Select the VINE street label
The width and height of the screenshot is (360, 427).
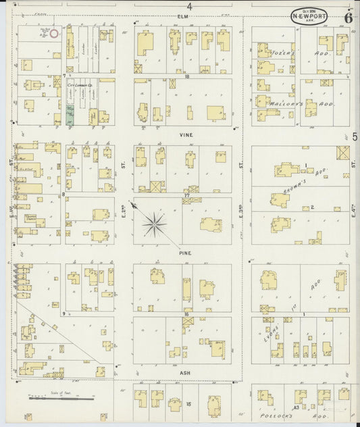click(186, 135)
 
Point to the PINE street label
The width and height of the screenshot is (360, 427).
click(186, 253)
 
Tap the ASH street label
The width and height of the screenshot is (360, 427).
click(186, 372)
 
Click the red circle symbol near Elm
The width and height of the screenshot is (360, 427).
click(54, 31)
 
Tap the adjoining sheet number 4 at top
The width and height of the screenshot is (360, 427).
click(190, 6)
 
